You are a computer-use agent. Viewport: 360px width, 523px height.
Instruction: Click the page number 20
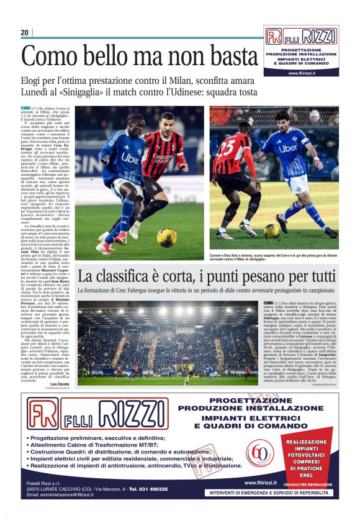25,32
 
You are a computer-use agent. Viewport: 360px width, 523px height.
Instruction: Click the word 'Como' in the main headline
48,57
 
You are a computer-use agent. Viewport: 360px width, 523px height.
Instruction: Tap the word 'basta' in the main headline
230,57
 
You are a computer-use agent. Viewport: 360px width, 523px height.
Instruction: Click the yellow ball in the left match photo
166,237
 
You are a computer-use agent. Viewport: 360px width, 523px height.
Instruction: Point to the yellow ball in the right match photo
272,230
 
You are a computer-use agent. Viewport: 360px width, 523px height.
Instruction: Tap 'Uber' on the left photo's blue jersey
130,158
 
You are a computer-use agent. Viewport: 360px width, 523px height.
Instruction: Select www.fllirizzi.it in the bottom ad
259,482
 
